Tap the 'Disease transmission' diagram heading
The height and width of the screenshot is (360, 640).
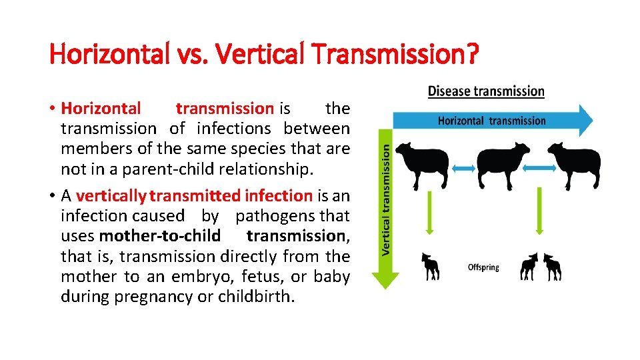[x=486, y=91]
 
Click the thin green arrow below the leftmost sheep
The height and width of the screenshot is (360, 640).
[x=430, y=211]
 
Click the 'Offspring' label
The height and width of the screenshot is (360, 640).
[x=483, y=267]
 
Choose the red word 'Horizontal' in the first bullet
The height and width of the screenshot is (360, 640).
[x=101, y=108]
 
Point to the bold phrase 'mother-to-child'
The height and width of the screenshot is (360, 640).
[x=160, y=236]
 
